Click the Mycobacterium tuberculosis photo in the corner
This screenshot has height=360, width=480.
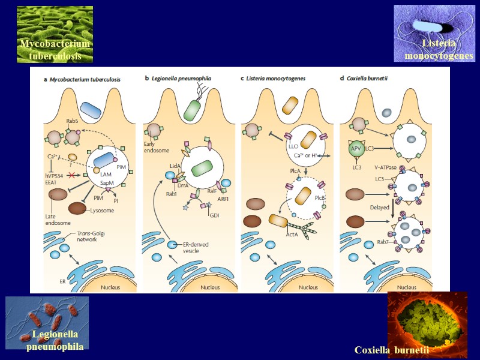point(55,34)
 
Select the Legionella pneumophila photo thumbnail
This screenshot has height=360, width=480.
point(47,323)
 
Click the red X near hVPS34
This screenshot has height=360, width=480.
point(71,175)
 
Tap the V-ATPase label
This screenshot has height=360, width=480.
point(385,168)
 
